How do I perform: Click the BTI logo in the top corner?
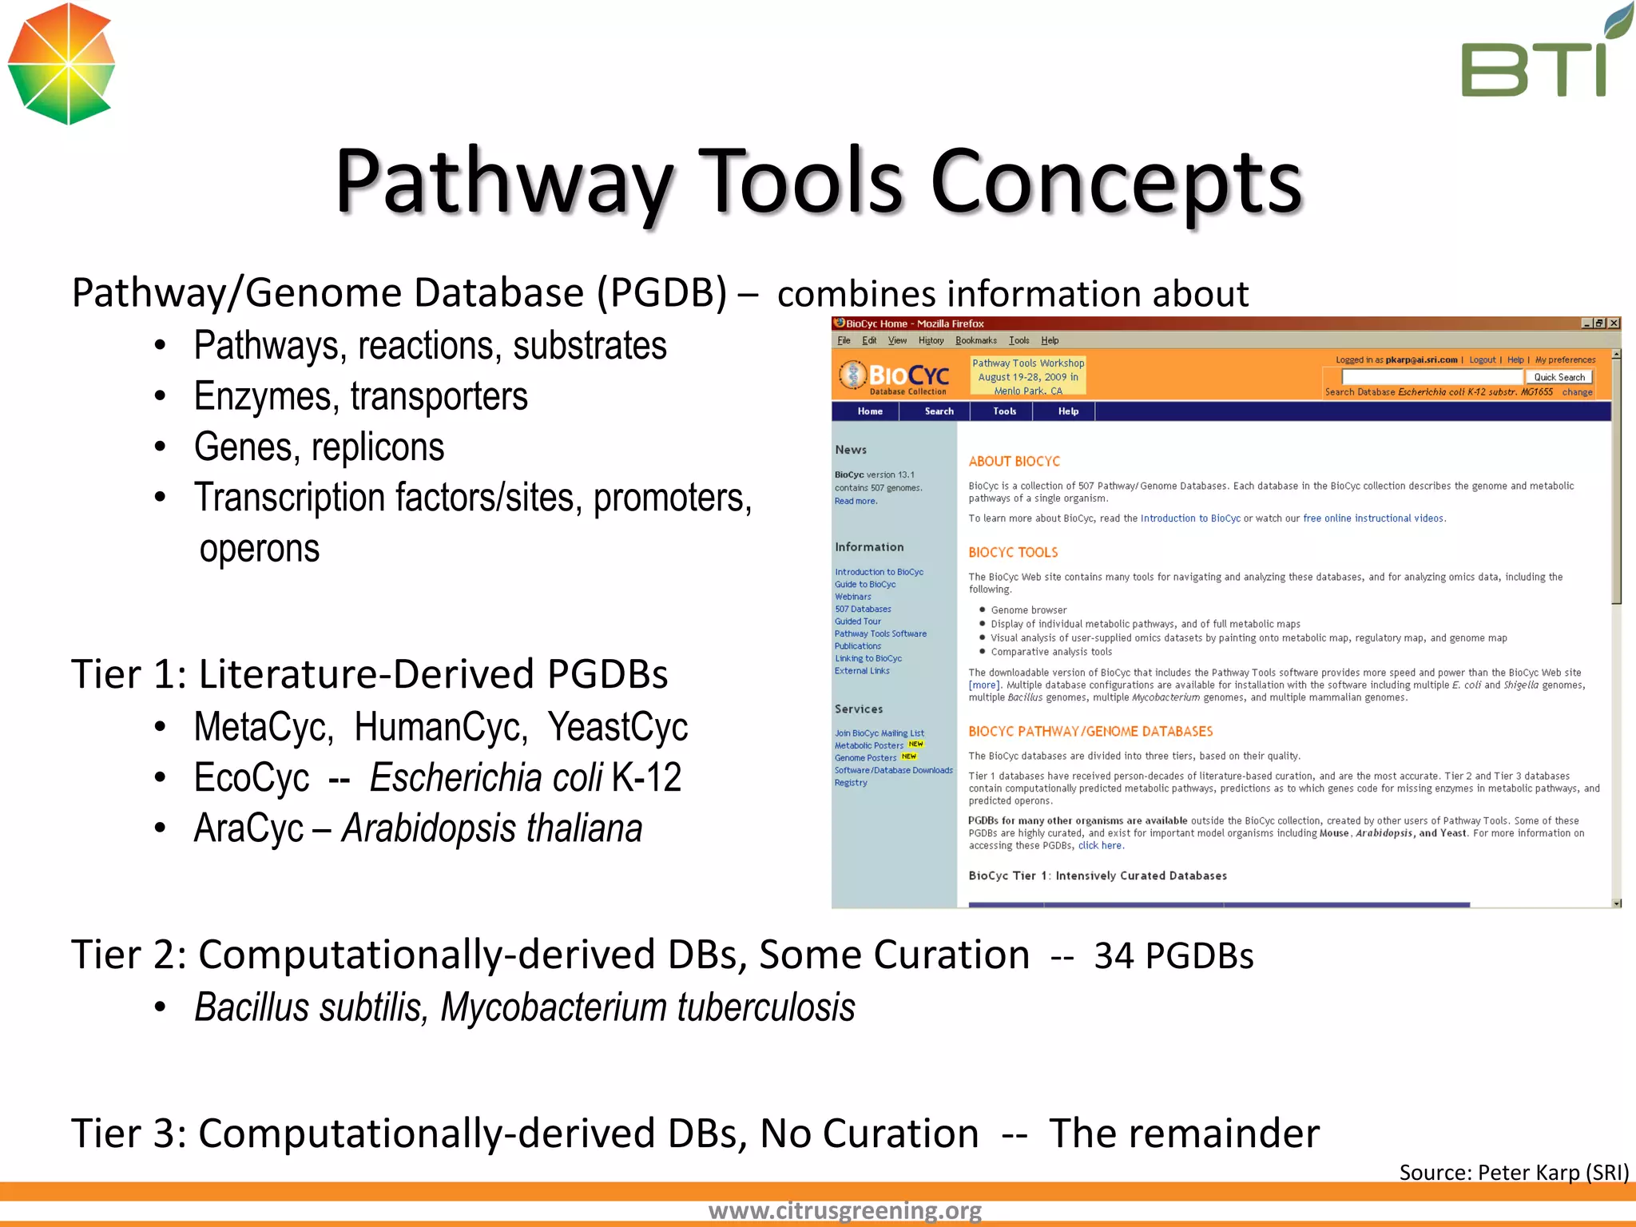1538,56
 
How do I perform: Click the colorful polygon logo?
62,64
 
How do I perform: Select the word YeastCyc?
617,727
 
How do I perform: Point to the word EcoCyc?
252,778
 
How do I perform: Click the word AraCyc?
248,828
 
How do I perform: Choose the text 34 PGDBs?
1173,956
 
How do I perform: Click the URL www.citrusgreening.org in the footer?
844,1210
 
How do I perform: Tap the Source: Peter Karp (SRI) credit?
1513,1172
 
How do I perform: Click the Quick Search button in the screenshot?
1559,377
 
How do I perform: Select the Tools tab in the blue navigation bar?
1004,411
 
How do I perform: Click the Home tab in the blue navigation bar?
870,411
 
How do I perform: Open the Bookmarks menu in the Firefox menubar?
975,340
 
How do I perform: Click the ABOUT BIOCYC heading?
1014,462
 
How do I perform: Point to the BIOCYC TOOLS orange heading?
1013,553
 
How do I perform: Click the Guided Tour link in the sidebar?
858,621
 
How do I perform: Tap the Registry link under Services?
851,783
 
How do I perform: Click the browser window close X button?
1614,324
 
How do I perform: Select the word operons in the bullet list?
260,549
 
